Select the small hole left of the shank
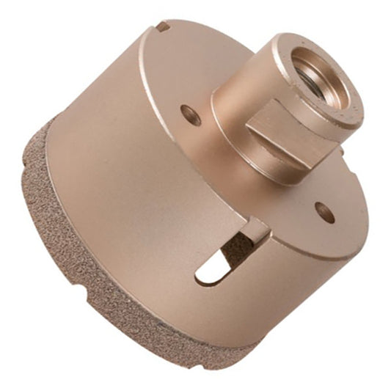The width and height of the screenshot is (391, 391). point(189,113)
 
